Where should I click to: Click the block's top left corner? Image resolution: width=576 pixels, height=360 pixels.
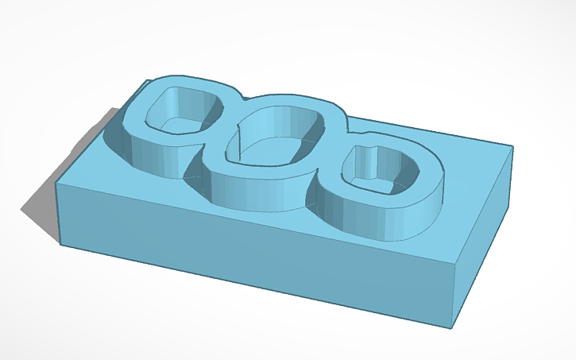coord(57,184)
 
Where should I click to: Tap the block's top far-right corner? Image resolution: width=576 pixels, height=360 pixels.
coord(511,145)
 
